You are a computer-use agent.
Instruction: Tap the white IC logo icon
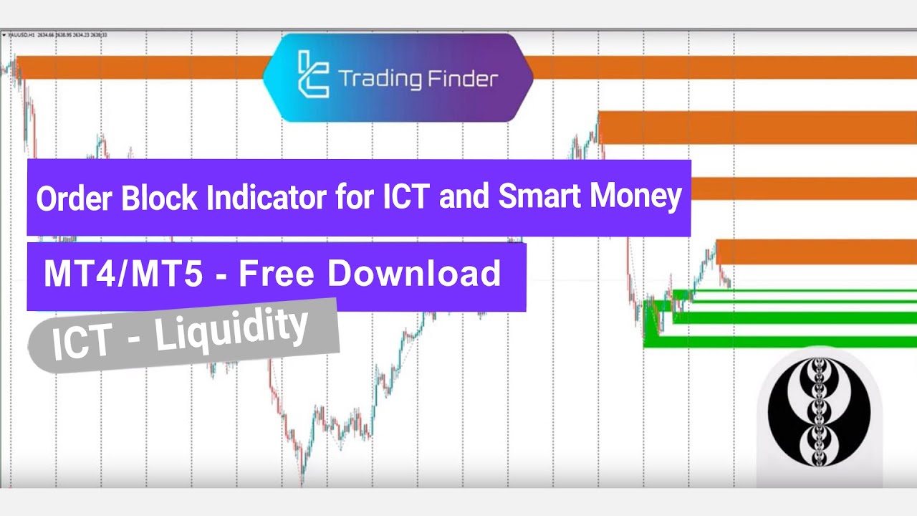(313, 75)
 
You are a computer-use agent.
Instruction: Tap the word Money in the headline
(637, 198)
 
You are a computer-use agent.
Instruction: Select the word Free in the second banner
(273, 275)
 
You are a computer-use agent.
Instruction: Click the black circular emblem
(819, 409)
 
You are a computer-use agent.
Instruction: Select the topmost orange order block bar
(143, 67)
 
